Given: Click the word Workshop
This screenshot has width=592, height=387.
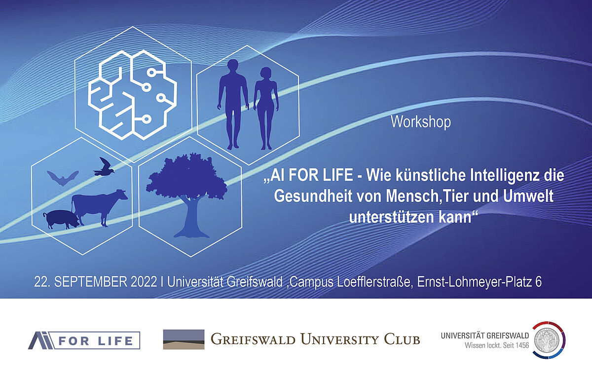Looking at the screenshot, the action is pos(421,122).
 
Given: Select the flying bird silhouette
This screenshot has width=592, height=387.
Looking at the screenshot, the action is pos(104,167).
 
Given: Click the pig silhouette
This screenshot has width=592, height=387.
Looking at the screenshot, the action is pos(61,220).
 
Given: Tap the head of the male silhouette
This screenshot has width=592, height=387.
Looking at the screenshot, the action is pos(233,66).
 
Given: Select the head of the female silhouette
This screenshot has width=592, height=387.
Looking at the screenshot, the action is pos(266,74).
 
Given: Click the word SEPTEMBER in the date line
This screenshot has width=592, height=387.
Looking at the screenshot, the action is pos(91,282).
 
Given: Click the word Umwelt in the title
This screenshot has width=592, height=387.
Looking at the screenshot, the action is pos(528,196).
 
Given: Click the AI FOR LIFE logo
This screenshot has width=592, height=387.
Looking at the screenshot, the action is pos(84,341).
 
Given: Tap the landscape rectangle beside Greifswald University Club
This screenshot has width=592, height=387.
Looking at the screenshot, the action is pos(184,340).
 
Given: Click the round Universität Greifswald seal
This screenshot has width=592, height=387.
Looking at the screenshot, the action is pos(549,340).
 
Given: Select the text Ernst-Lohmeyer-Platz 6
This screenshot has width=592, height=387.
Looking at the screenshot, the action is pos(479,282).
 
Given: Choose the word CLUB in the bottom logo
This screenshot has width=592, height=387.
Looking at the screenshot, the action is pos(402,340).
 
